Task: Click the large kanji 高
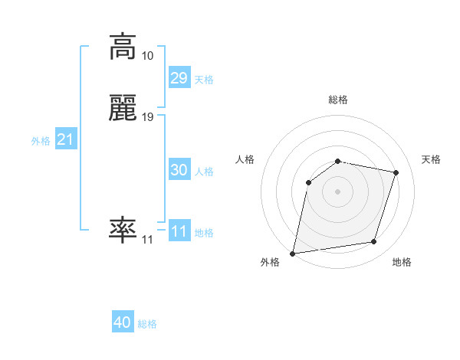(123, 47)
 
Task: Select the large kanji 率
(123, 229)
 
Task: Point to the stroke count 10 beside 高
(147, 56)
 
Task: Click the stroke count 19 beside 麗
(147, 117)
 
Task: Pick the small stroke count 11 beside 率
(147, 239)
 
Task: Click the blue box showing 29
(179, 78)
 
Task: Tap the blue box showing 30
(179, 170)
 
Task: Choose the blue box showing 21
(65, 139)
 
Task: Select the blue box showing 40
(123, 322)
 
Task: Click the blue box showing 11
(179, 231)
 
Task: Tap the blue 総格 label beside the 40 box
(147, 324)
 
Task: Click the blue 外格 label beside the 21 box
(41, 141)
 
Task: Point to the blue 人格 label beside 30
(204, 172)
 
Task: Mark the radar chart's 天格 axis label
(431, 159)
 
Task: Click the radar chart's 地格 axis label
(402, 262)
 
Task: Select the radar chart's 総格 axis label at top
(338, 100)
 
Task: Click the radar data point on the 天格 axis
(396, 172)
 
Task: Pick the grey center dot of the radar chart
(338, 191)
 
